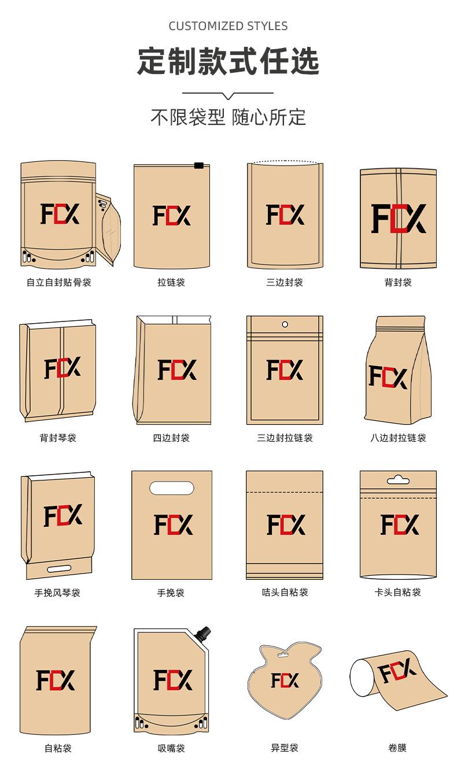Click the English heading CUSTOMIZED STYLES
click(228, 26)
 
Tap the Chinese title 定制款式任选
click(228, 62)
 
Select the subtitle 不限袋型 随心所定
click(228, 117)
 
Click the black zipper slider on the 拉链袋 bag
click(198, 165)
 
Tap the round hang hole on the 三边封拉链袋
click(285, 324)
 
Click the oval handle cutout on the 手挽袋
click(172, 488)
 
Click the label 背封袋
click(398, 282)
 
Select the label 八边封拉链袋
click(398, 438)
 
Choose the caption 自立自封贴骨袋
click(58, 282)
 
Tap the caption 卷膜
click(397, 747)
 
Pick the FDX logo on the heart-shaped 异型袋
click(285, 680)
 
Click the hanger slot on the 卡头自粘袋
click(398, 479)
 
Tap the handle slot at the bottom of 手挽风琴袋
click(59, 569)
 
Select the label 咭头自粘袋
click(285, 592)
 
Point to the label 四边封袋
click(171, 438)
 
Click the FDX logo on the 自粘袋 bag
click(56, 680)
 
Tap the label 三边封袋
click(285, 282)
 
